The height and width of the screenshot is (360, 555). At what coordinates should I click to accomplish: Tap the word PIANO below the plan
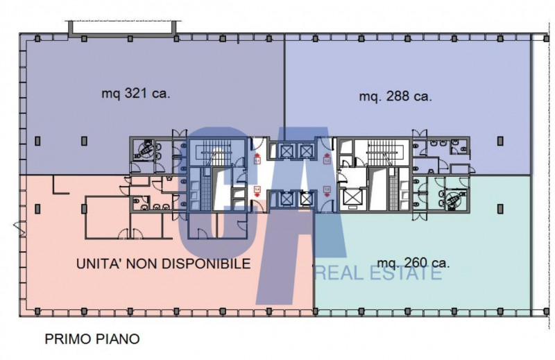[x=118, y=339]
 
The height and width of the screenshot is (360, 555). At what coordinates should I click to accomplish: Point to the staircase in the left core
[x=210, y=153]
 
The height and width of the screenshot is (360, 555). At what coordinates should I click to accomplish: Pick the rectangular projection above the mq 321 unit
[x=121, y=27]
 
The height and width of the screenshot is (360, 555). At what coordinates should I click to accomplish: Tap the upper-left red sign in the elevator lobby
[x=257, y=145]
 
